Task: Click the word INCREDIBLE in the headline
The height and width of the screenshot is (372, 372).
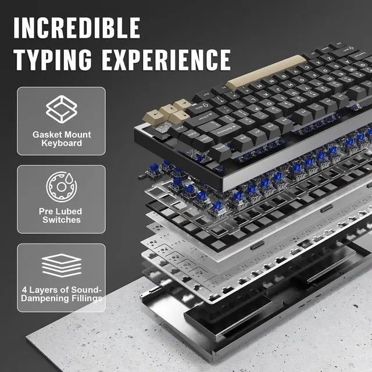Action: click(77, 27)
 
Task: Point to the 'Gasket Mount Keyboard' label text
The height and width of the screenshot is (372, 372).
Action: click(62, 139)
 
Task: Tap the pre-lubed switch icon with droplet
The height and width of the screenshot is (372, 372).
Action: click(61, 186)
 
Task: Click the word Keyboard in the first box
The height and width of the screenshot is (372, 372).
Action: click(62, 144)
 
